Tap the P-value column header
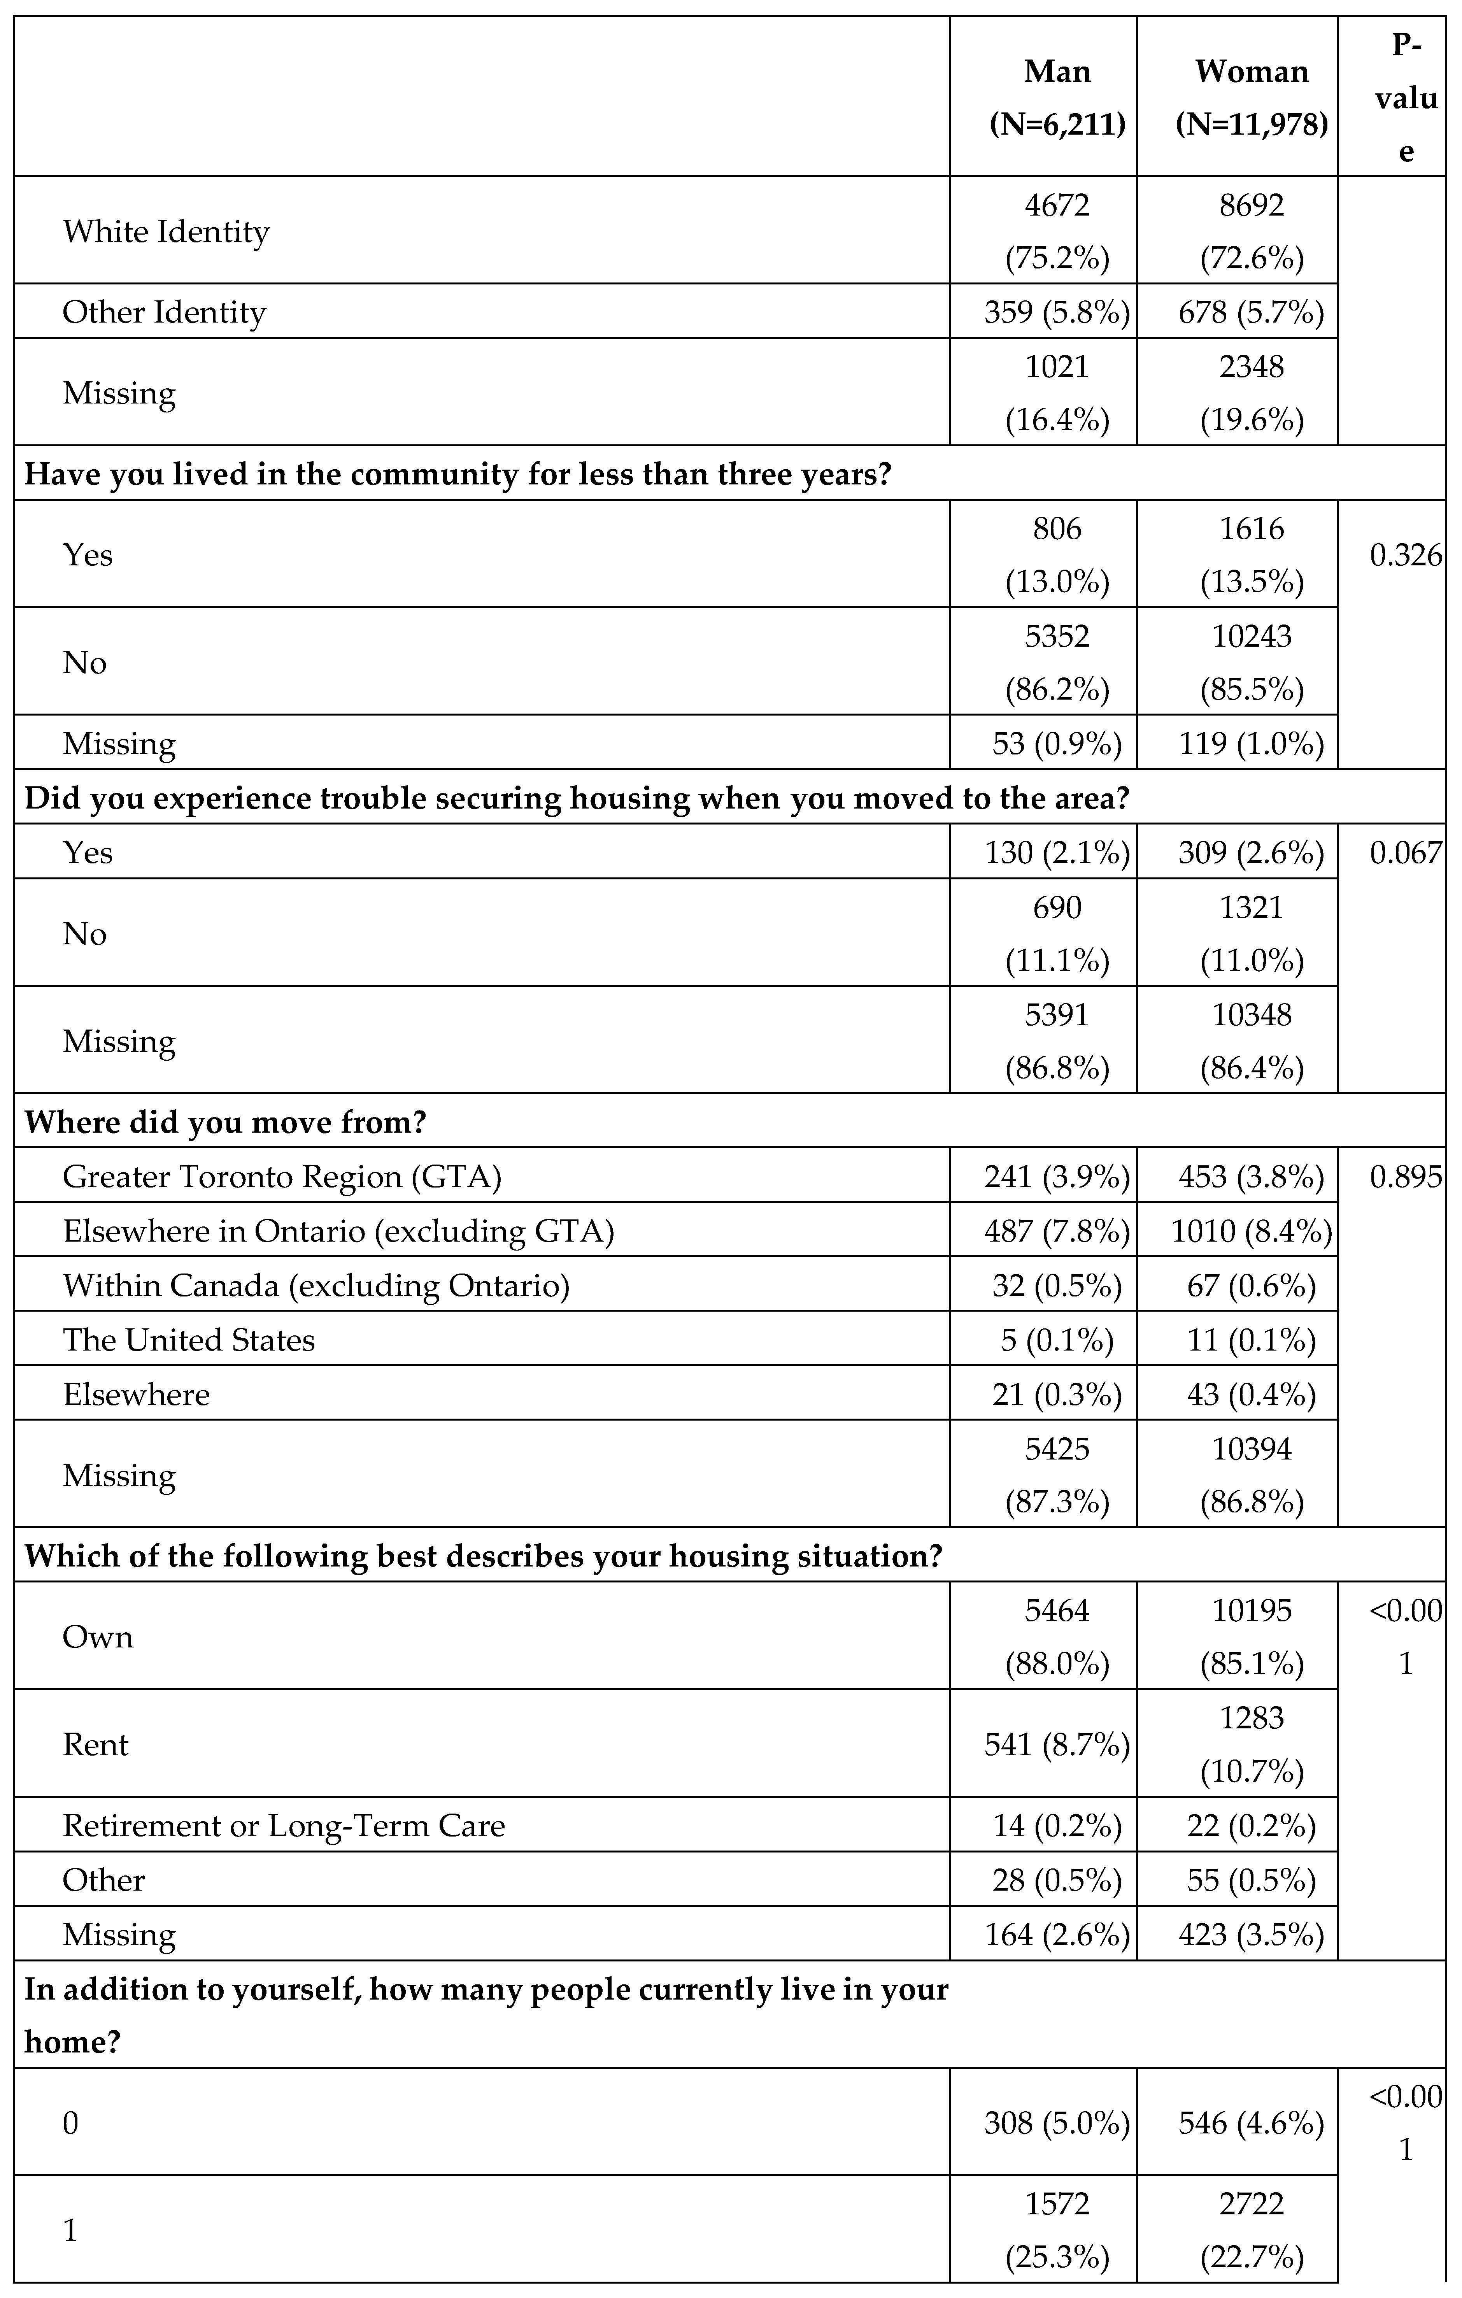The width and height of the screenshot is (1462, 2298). point(1405,97)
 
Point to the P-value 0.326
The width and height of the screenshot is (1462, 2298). point(1405,555)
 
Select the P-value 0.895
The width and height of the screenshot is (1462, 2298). point(1405,1177)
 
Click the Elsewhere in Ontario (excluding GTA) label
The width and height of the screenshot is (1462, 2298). point(338,1231)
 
